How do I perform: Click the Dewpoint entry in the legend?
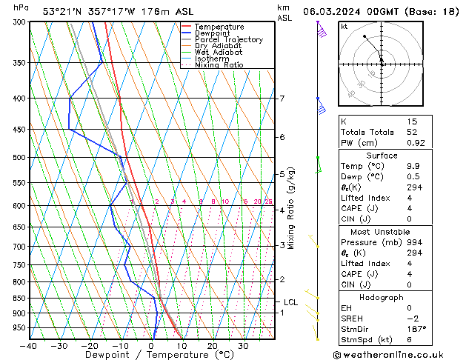[216, 33]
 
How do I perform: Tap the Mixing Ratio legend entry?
[219, 65]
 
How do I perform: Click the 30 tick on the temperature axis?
[243, 346]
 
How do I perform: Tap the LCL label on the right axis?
[290, 302]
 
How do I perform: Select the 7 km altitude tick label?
[282, 99]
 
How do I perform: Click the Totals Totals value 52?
[413, 132]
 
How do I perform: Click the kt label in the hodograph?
[344, 27]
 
